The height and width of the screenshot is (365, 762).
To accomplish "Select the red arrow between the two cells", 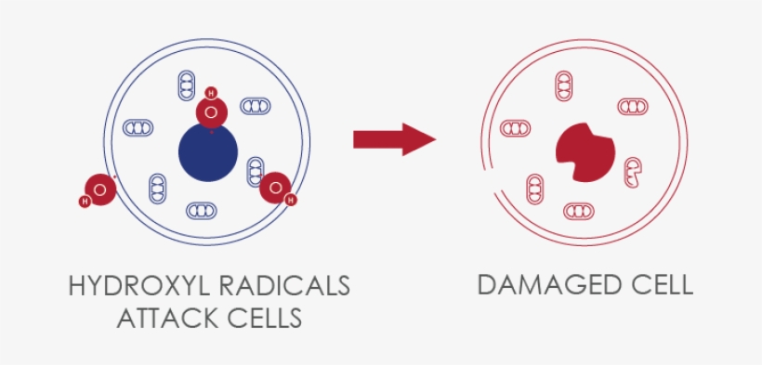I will click(x=394, y=140).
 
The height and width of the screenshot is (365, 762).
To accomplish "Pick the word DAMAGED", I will click(x=543, y=284).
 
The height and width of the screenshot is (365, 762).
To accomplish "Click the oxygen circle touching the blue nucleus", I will click(x=212, y=113).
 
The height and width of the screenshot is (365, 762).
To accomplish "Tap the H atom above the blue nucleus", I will click(x=211, y=93).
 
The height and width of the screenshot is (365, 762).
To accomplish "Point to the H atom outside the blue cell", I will click(x=85, y=201).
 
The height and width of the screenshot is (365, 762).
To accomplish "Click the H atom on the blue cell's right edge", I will click(x=291, y=199).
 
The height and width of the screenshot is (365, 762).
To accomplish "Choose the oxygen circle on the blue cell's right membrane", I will click(x=275, y=188).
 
